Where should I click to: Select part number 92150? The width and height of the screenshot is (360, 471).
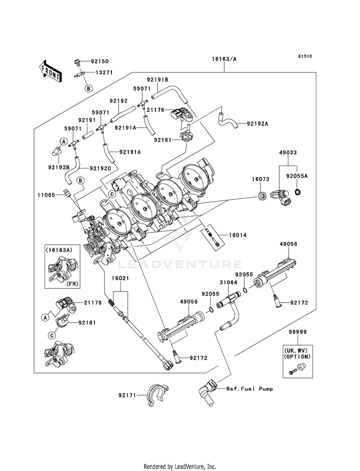(101, 61)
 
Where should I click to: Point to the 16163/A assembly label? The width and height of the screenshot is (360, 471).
(224, 60)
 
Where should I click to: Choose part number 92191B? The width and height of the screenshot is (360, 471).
(157, 80)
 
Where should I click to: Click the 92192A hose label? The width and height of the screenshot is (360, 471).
(257, 123)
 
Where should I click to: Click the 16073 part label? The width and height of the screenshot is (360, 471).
(258, 178)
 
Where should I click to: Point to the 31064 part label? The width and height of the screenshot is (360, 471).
(228, 283)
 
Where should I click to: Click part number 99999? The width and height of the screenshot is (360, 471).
(297, 332)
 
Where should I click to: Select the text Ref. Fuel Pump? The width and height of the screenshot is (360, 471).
(250, 389)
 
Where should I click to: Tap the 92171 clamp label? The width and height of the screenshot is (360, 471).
(127, 395)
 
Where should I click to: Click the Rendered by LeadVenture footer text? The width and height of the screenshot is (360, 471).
(180, 466)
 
